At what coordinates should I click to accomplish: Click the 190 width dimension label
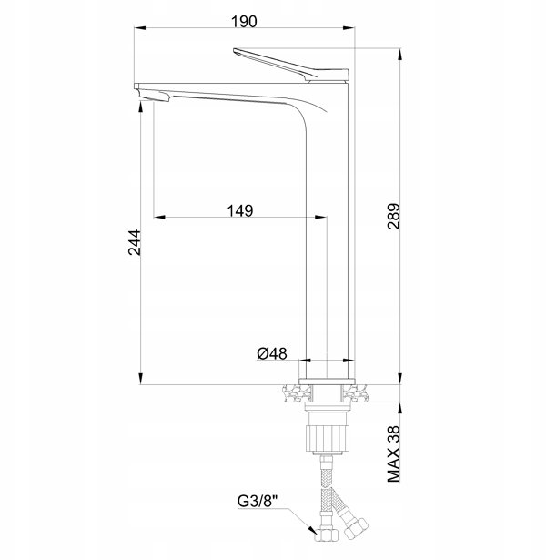click(244, 22)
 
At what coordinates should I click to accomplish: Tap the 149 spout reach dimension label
click(240, 210)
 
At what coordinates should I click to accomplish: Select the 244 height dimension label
click(134, 242)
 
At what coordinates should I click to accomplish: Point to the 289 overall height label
click(394, 217)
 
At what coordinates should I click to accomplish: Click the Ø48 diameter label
click(271, 353)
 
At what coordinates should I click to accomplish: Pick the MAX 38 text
click(394, 454)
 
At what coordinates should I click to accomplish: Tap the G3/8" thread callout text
click(258, 501)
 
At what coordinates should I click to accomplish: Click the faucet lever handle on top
click(291, 65)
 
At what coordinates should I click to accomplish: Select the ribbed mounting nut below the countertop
click(327, 438)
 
